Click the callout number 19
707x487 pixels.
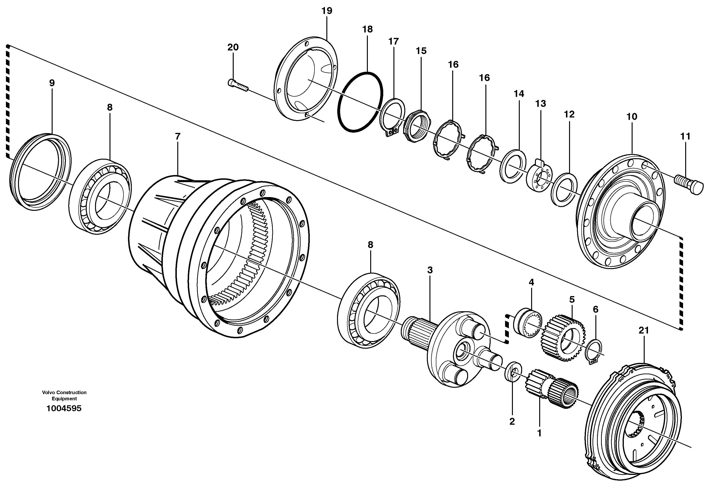pyautogui.click(x=327, y=11)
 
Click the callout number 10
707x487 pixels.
pyautogui.click(x=632, y=117)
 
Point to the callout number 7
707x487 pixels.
pyautogui.click(x=178, y=136)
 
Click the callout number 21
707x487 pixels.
pyautogui.click(x=644, y=330)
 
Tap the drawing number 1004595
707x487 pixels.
pyautogui.click(x=64, y=408)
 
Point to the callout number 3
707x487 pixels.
pyautogui.click(x=430, y=270)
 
